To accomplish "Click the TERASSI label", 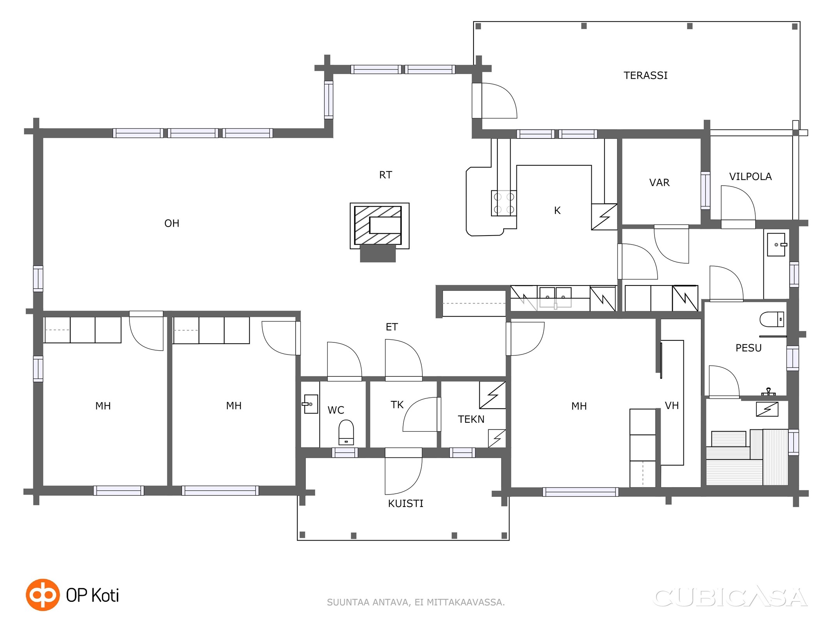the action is [646, 75].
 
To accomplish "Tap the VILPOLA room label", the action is [750, 177].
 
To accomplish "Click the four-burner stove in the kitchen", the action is [504, 203].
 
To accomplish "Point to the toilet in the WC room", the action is [346, 432].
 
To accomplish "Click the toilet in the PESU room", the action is [772, 319].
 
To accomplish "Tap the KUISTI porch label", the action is [406, 503].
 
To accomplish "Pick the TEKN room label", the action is [471, 419].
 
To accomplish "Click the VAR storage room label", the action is [659, 183].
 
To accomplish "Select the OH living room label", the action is [172, 223].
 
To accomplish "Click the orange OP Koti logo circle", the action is [43, 595].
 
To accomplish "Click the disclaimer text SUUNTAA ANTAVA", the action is [368, 603].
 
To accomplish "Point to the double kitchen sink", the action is [555, 297].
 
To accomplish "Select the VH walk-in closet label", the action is [672, 406].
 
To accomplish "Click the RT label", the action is [385, 175].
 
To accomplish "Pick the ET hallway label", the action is [392, 327].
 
